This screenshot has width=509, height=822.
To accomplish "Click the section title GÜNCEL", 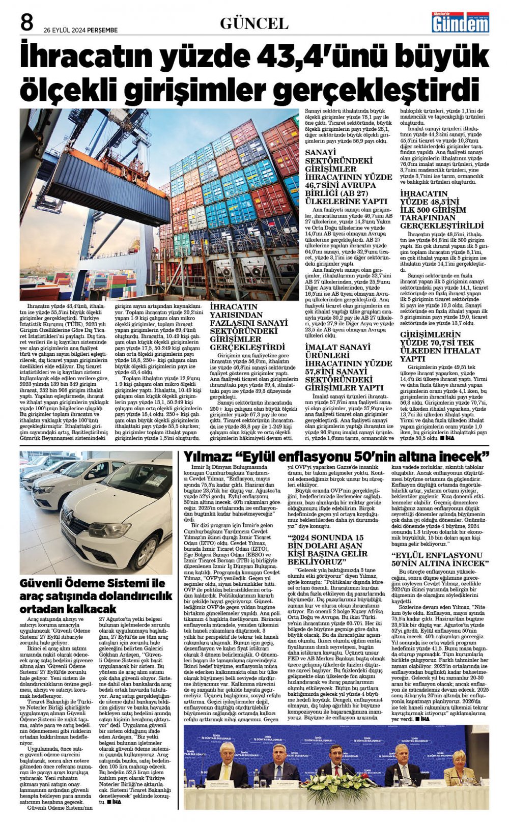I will tap(254, 23).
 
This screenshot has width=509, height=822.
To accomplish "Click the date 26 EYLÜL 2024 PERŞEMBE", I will tap(80, 30).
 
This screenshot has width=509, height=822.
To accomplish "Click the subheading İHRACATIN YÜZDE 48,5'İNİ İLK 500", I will tap(441, 209).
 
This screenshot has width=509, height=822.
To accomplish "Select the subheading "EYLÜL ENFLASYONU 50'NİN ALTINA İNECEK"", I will tap(440, 559).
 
